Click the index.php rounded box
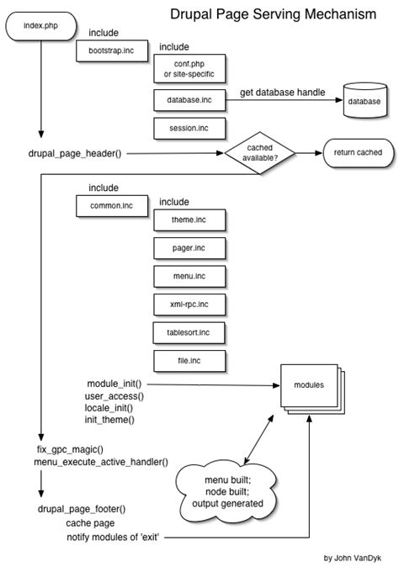[40, 27]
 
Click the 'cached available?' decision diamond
[258, 153]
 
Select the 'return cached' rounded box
[357, 153]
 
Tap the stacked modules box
[309, 386]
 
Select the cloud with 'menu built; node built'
[226, 491]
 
